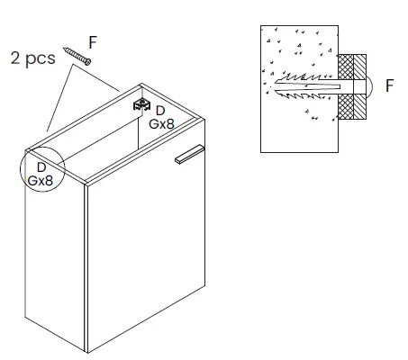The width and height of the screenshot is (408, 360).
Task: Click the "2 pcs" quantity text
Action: (33, 58)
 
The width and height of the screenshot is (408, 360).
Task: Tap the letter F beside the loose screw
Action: (93, 42)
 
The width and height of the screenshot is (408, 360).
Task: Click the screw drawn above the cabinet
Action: (77, 56)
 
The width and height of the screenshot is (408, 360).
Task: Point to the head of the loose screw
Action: (87, 62)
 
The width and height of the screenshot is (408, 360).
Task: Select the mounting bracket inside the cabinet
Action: (141, 104)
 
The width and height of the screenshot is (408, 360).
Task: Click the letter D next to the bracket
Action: (160, 111)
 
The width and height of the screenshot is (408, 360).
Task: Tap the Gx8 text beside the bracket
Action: (161, 124)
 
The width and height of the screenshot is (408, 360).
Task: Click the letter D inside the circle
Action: (41, 167)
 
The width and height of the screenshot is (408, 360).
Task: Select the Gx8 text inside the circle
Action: (41, 181)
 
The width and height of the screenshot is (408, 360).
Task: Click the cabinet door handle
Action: (189, 155)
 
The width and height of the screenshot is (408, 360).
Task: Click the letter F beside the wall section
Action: (389, 85)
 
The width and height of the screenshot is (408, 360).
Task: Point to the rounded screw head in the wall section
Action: (369, 86)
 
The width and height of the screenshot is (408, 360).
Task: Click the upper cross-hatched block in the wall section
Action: (346, 67)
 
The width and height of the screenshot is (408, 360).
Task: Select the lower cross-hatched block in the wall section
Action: (346, 107)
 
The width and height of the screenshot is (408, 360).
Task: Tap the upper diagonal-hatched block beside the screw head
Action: (359, 67)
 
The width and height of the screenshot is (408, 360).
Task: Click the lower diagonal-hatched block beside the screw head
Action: (359, 107)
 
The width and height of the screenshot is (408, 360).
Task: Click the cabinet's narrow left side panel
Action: (55, 249)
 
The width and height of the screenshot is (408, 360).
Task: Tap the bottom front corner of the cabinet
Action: (87, 353)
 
